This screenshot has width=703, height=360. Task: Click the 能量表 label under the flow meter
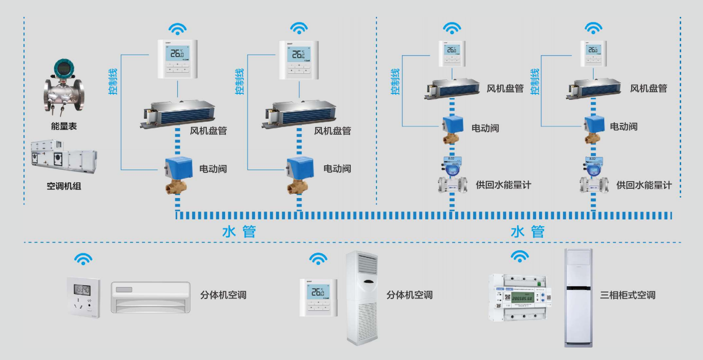(x=64, y=127)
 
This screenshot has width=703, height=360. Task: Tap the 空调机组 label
(x=64, y=187)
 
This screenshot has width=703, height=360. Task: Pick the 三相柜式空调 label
(x=628, y=295)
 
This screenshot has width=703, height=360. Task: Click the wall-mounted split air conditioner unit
(x=150, y=297)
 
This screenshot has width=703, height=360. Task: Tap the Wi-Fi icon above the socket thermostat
(x=83, y=258)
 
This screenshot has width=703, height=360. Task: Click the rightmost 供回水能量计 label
(x=644, y=185)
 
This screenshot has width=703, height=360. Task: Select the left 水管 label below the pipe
(x=239, y=231)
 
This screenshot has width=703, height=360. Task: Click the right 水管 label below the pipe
(x=528, y=231)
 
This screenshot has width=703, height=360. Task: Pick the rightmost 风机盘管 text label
(x=648, y=88)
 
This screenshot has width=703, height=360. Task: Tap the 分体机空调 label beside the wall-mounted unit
(x=223, y=295)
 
